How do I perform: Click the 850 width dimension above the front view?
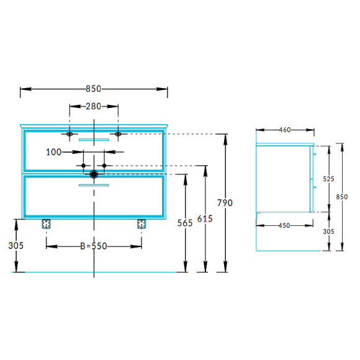pos(93,89)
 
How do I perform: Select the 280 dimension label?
pos(94,106)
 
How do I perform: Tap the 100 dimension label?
pos(53,152)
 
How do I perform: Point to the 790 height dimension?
pos(225,203)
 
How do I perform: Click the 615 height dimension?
pos(205,218)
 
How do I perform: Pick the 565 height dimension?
pos(185,223)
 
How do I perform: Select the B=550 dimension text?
pos(94,246)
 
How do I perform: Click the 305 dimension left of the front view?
pos(16,246)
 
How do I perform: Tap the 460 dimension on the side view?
pos(285,130)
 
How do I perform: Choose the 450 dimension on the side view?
pos(284,226)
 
